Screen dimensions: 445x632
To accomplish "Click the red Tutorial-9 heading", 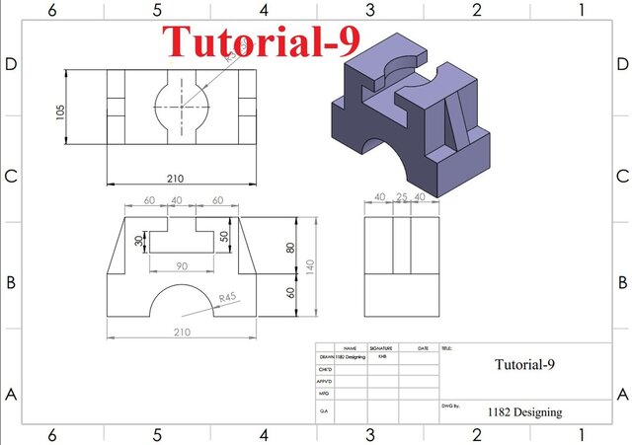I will click(262, 41).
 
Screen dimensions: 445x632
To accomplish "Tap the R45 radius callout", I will click(229, 297).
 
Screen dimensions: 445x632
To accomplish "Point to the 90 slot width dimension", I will click(181, 266).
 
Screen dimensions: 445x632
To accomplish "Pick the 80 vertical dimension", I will click(290, 248).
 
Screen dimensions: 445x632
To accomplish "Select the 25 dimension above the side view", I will click(401, 197).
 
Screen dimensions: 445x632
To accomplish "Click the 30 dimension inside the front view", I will click(139, 240).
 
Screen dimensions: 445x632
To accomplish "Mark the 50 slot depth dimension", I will click(224, 237).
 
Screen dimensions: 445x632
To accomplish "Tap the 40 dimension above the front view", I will click(177, 199).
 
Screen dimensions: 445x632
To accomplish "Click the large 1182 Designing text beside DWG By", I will click(524, 412).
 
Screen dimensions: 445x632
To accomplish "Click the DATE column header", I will click(423, 348).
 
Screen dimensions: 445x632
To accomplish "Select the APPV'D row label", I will click(325, 380).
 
